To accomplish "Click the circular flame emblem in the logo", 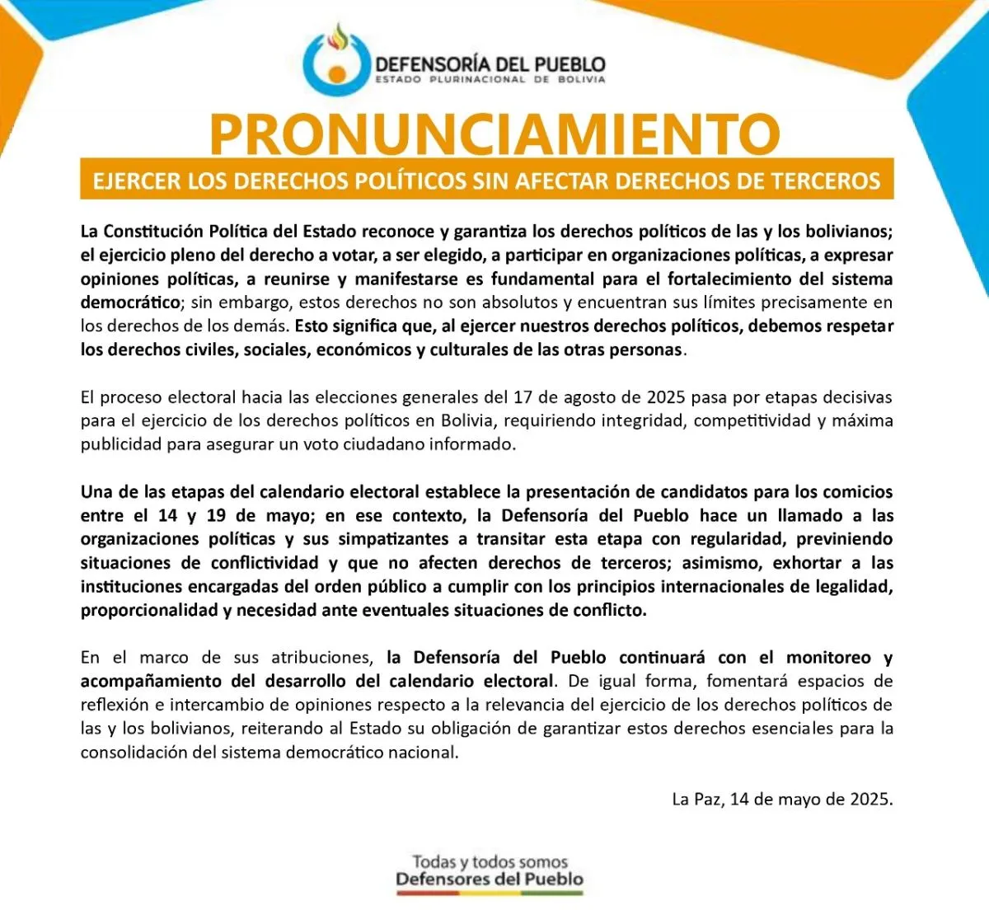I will click(335, 60).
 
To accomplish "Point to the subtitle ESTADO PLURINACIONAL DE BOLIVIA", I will click(490, 80).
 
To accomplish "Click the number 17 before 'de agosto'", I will click(523, 397).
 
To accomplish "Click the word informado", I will click(478, 445).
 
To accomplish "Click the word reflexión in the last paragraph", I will click(115, 706).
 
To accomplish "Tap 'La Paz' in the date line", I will click(696, 799).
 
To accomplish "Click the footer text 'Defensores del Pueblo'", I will click(490, 880).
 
